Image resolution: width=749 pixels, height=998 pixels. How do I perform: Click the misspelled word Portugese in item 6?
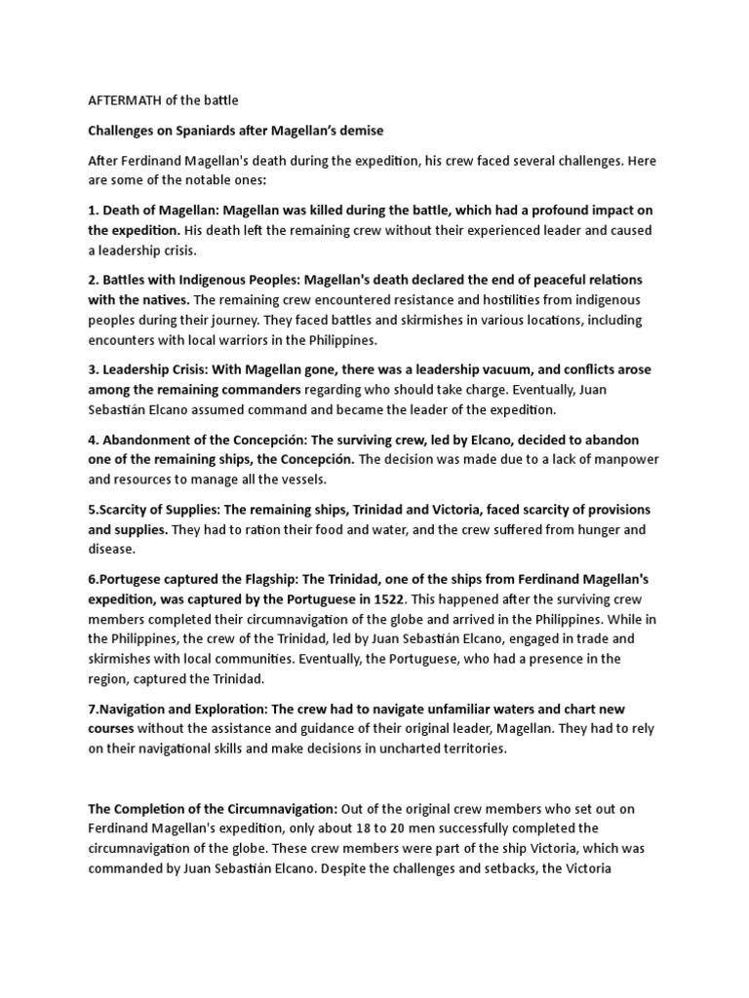(131, 580)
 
